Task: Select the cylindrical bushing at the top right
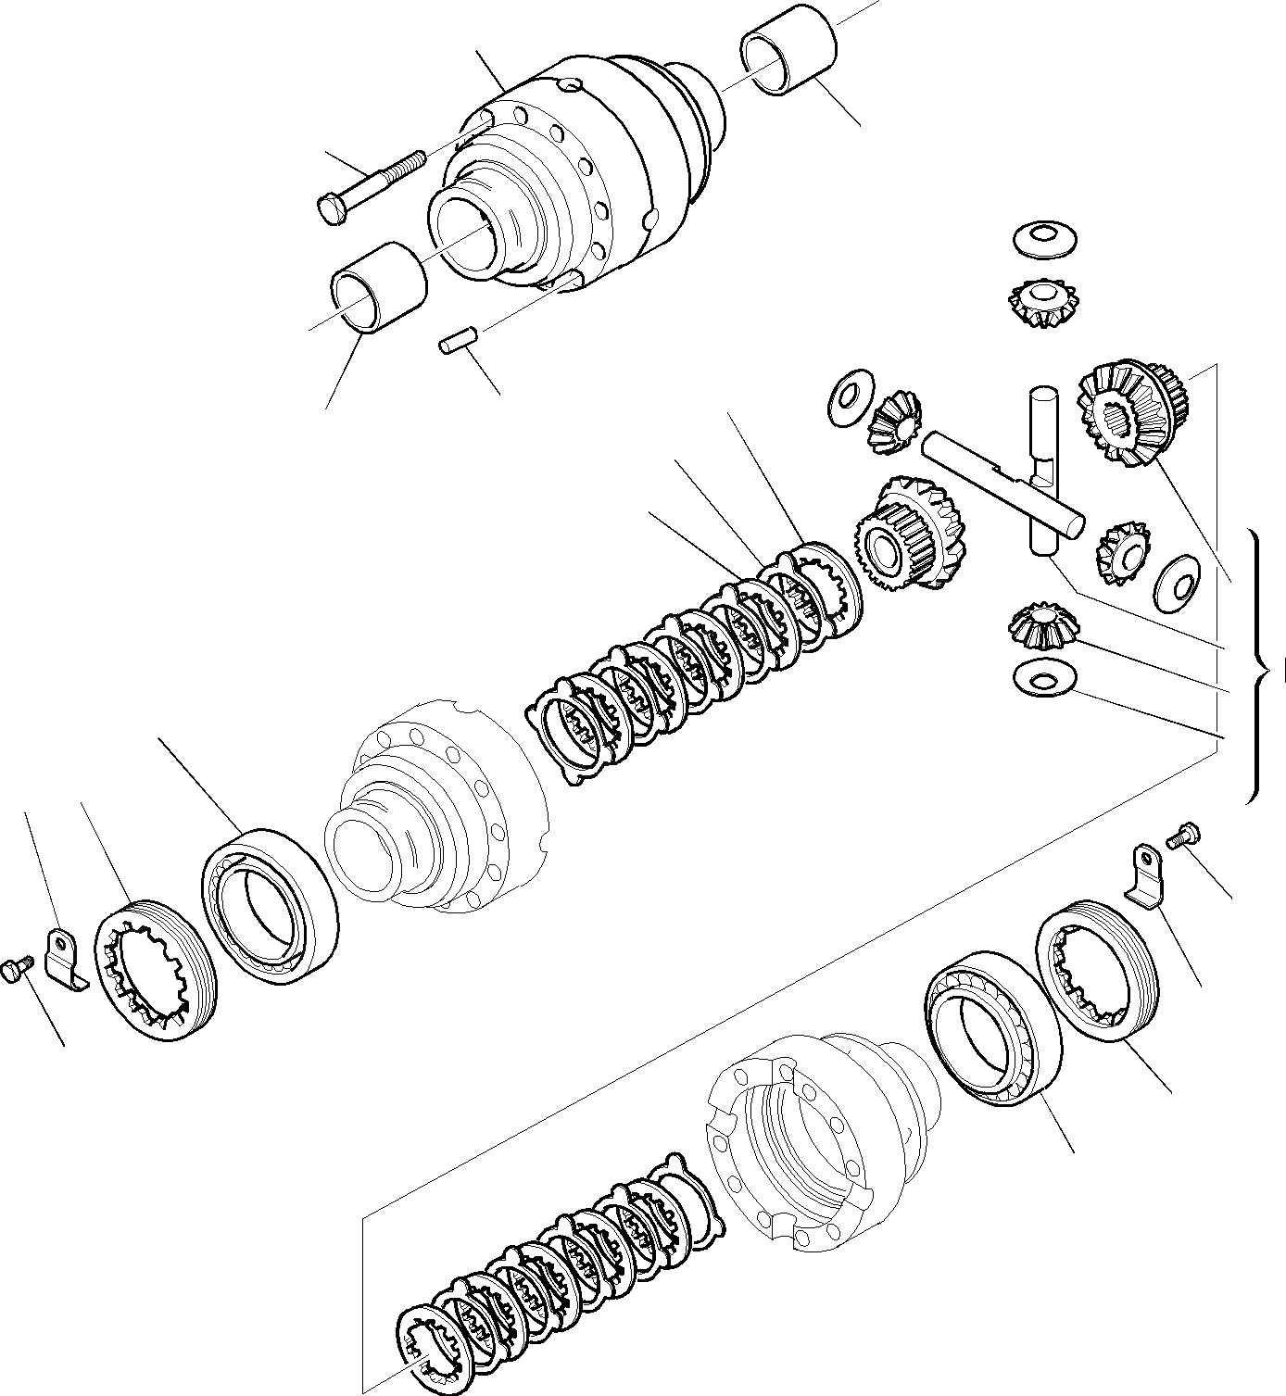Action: point(788,61)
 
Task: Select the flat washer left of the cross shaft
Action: point(846,399)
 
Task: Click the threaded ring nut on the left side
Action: point(157,968)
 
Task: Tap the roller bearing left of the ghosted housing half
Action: point(269,904)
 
